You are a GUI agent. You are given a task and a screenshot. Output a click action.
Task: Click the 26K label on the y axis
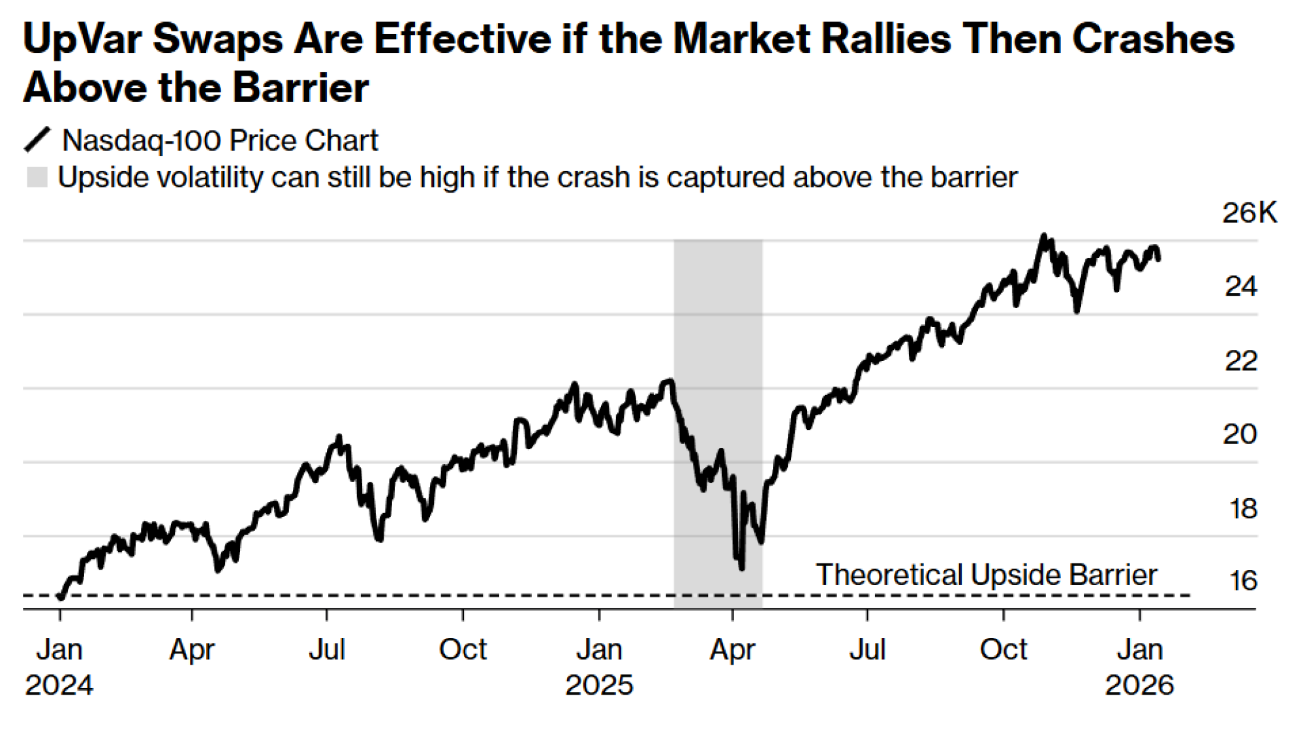click(1249, 213)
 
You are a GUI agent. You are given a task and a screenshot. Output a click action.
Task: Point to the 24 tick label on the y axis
click(1240, 287)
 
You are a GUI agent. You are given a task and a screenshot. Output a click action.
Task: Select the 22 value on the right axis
click(1240, 361)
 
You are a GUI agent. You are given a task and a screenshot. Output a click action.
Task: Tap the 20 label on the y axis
click(1239, 434)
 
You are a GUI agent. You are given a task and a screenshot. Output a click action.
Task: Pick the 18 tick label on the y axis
click(1242, 509)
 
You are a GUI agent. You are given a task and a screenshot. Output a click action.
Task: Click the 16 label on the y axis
click(1242, 581)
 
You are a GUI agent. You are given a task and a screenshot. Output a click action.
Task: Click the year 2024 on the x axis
click(59, 685)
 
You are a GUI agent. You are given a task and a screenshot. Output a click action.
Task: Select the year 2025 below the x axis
click(599, 685)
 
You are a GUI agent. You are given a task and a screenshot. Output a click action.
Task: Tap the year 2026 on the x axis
click(1139, 685)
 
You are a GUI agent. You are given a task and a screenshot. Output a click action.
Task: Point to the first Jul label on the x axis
click(326, 650)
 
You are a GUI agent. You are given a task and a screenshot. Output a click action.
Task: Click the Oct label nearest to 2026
click(1003, 650)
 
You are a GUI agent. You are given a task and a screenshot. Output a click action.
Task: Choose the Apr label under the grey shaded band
click(732, 650)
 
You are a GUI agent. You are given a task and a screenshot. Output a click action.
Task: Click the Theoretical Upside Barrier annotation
click(986, 575)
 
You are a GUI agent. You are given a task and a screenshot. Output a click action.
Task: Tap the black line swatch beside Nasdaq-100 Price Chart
click(37, 140)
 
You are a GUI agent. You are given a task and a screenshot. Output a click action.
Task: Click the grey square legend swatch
click(37, 177)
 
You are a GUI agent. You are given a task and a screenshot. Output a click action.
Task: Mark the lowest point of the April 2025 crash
click(742, 569)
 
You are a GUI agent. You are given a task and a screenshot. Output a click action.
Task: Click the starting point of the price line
click(61, 596)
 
